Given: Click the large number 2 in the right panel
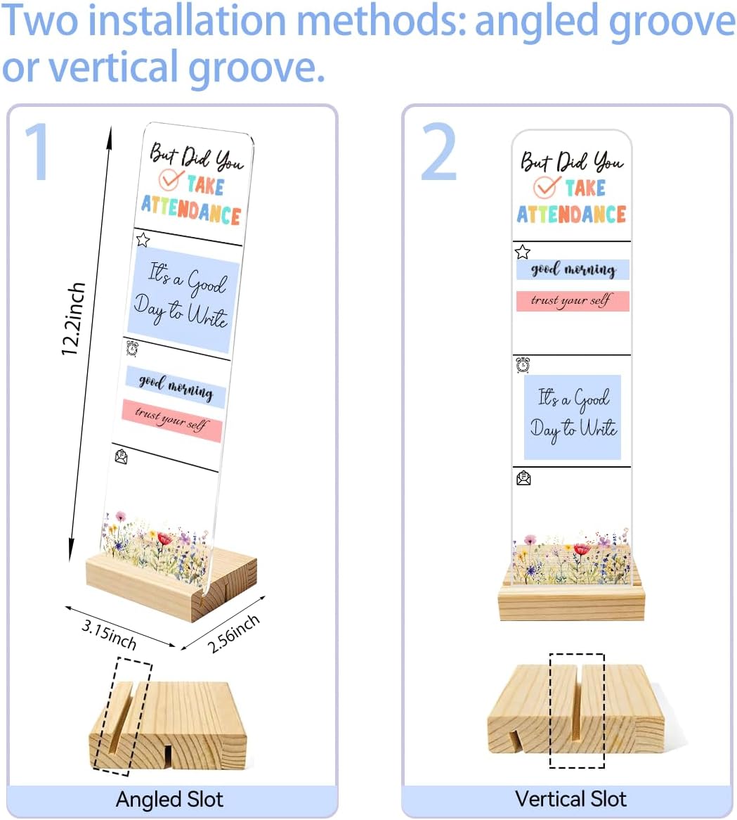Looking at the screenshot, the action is (x=438, y=151).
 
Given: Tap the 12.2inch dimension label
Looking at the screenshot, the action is (x=72, y=319).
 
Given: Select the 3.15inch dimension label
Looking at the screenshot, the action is (x=109, y=634).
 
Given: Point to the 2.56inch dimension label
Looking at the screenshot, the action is (x=233, y=634).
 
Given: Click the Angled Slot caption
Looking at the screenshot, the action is (x=169, y=800).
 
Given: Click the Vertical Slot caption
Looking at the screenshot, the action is (x=570, y=799).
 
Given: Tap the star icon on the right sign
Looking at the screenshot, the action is (x=522, y=252).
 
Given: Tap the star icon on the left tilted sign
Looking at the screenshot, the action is (x=143, y=240).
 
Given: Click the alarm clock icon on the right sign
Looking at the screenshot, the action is (x=523, y=364).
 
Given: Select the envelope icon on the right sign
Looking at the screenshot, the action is (x=523, y=478).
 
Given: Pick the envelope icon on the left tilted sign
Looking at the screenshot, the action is (x=121, y=456).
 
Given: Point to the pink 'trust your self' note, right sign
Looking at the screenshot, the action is (x=573, y=301).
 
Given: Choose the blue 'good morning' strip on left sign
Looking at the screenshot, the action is (x=176, y=387).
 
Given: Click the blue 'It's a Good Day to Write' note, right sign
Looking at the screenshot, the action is (x=573, y=417).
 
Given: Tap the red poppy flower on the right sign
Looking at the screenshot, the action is (x=581, y=549).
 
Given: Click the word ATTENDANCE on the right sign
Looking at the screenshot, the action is (x=571, y=214).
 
